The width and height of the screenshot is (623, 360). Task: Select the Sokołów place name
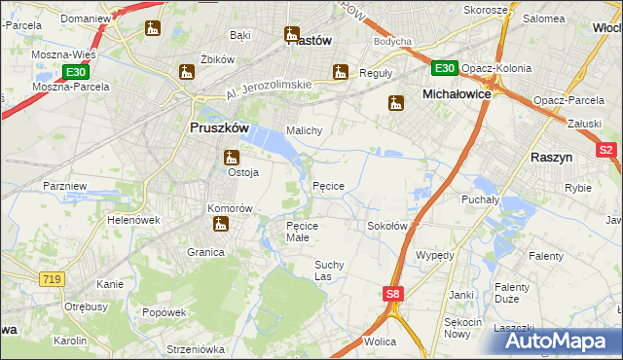386,225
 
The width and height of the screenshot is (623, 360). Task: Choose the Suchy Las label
330,270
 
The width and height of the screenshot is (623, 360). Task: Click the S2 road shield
606,150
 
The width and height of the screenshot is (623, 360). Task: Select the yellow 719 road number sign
53,279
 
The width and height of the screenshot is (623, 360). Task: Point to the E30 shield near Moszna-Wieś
77,72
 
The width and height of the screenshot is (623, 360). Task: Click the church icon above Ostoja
232,156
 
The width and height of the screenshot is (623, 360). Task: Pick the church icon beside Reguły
340,71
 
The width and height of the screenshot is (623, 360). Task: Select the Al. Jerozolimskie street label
268,91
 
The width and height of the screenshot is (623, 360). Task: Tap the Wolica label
379,342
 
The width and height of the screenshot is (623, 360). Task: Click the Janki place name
460,293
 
